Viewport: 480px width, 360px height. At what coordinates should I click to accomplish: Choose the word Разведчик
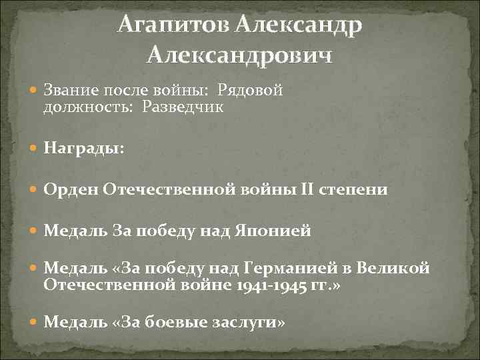click(x=181, y=107)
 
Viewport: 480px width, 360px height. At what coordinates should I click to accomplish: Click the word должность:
click(x=89, y=107)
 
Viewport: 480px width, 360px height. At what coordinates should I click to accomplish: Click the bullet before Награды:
click(x=35, y=148)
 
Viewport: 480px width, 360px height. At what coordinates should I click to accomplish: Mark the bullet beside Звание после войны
click(x=35, y=90)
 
